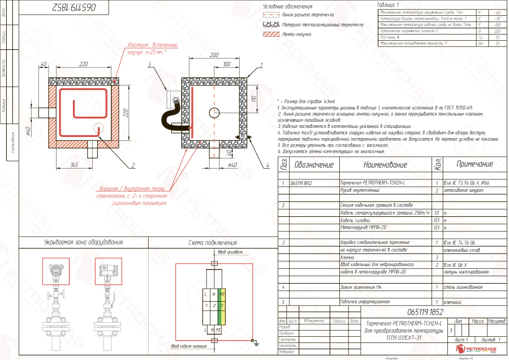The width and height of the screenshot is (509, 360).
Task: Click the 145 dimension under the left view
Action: point(74,164)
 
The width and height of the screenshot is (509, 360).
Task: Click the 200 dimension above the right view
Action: point(214,55)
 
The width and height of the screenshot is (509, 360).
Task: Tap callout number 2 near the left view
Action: point(132,165)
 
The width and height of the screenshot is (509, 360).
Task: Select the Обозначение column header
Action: point(313,165)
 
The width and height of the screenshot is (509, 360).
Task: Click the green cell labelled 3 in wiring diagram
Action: point(222,306)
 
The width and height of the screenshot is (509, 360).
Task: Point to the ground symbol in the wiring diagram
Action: point(256,342)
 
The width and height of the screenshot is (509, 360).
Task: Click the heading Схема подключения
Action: point(212,242)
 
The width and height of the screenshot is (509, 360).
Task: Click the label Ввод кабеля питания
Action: point(192,346)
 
